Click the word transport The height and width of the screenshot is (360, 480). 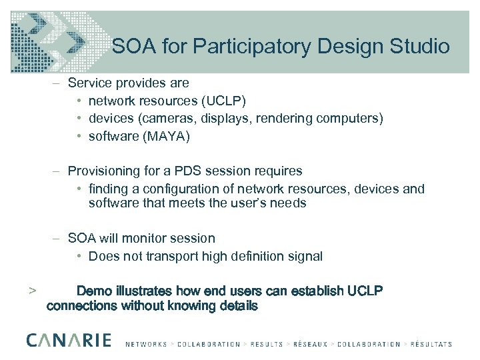[169, 256]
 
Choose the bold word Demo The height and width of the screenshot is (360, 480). [95, 291]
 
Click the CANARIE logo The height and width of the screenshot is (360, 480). [69, 340]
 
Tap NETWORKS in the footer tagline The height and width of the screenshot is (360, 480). [147, 345]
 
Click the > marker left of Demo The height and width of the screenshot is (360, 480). [31, 291]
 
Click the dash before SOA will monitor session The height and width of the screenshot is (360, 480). [58, 238]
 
